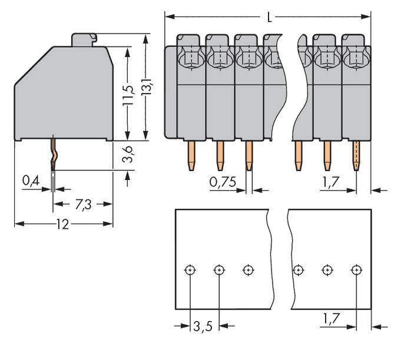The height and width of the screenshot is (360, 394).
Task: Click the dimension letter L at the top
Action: [x=270, y=17]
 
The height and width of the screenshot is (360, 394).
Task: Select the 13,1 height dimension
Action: [x=147, y=87]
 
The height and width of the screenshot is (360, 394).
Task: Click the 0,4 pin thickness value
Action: [x=31, y=181]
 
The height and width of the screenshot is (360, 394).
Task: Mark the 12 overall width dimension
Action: [x=62, y=224]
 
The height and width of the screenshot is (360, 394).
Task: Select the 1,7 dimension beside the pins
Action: [x=330, y=182]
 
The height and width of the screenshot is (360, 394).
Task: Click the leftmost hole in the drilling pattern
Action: [x=190, y=270]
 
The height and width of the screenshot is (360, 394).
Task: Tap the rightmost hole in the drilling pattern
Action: [x=356, y=270]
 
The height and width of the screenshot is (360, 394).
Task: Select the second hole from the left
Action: [x=219, y=270]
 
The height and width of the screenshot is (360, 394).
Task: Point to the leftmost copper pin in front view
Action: [x=191, y=155]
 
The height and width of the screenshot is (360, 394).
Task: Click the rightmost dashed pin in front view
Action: [x=356, y=155]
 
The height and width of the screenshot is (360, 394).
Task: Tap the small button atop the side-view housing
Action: [x=84, y=39]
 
